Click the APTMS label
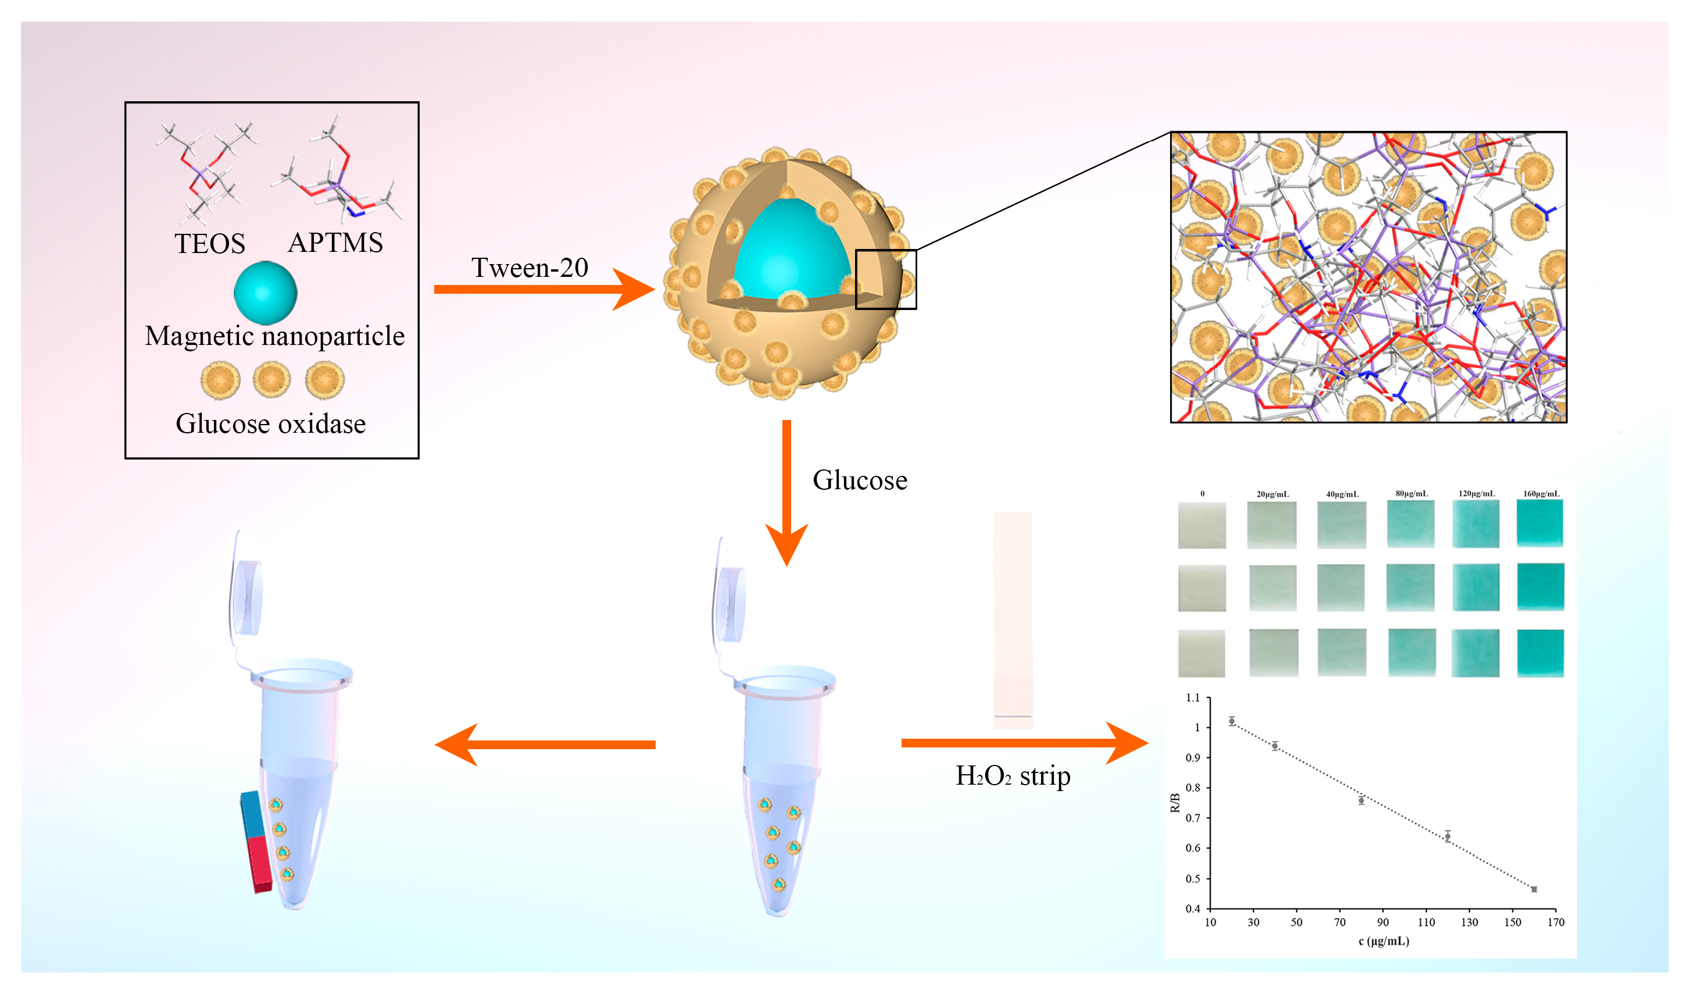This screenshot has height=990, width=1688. [335, 243]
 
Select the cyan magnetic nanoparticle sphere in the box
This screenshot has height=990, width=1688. [265, 293]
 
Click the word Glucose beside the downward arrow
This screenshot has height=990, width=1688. [860, 480]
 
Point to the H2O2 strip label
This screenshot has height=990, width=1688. [1012, 776]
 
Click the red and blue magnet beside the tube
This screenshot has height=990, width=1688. [256, 842]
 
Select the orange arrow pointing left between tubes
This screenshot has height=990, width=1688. [545, 745]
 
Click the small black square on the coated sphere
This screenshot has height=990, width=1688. [885, 280]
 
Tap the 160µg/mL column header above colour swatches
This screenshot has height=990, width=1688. [1540, 494]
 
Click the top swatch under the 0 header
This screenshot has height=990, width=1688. [1201, 525]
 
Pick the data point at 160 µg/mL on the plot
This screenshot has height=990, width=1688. [1534, 889]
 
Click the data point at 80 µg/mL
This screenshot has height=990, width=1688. [1361, 800]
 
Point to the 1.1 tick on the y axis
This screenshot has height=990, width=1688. [1193, 698]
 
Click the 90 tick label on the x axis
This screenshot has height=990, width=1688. [1383, 923]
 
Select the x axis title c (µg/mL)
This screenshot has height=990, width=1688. [1383, 941]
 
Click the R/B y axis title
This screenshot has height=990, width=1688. [1175, 802]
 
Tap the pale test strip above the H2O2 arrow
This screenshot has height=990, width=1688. [1012, 620]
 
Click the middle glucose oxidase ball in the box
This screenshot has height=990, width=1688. [271, 379]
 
